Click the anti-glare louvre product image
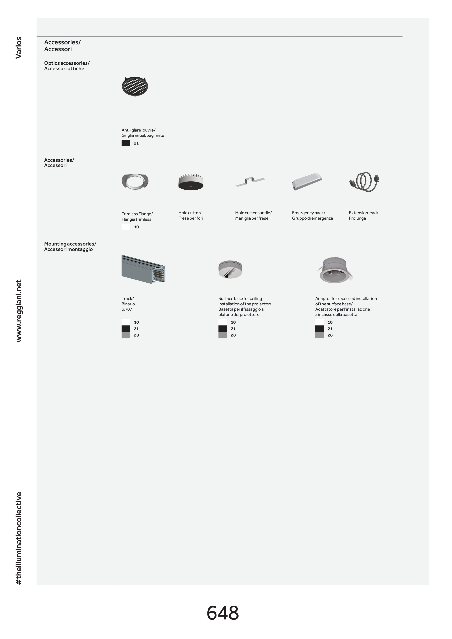135,86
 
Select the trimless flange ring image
135,181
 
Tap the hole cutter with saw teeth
191,182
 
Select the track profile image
143,269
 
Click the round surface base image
230,269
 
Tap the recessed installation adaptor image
335,270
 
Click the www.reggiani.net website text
19,311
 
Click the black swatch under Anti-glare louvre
126,143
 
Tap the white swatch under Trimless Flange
126,227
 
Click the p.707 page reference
127,309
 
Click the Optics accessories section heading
67,66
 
